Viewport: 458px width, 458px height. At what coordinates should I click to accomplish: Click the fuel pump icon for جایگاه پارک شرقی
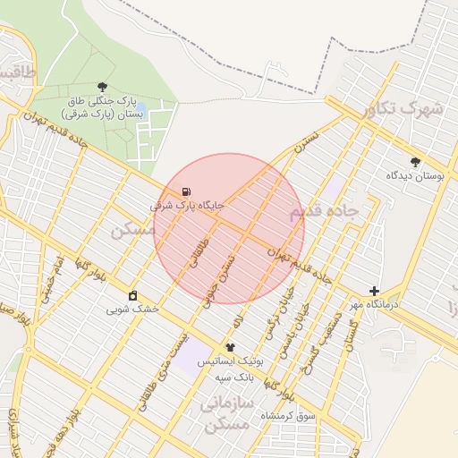click(185, 191)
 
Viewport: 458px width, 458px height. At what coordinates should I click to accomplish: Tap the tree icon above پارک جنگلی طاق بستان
click(104, 87)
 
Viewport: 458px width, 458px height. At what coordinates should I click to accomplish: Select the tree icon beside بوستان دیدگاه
click(414, 162)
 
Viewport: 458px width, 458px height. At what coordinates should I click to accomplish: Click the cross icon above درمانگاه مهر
click(374, 291)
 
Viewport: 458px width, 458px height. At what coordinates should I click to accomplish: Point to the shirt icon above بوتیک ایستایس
click(230, 346)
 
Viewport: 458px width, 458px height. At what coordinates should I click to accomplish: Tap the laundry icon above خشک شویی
click(133, 295)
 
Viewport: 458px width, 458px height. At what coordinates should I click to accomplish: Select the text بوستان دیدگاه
click(415, 176)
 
